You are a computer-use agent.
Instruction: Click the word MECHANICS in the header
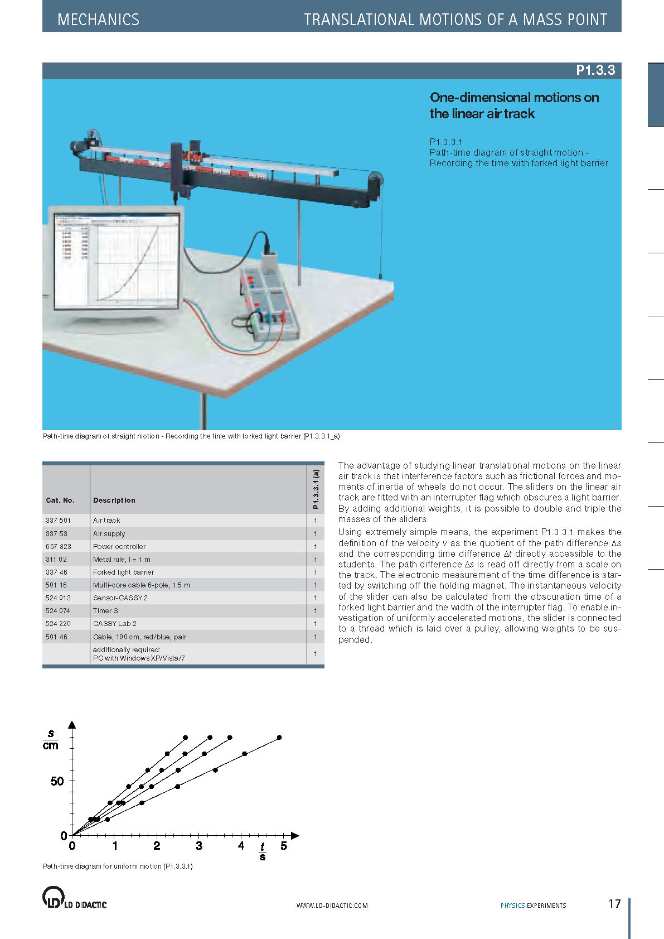pos(98,20)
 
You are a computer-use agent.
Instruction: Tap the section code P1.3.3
pos(595,70)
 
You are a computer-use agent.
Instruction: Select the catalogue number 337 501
pos(58,521)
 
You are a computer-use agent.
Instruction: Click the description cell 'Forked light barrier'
pos(123,572)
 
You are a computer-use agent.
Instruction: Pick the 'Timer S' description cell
pos(105,611)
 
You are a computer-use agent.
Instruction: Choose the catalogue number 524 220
pos(58,624)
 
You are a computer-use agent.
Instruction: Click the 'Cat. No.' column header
pos(60,500)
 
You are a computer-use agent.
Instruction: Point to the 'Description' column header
pos(114,500)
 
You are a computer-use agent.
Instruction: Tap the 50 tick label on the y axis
pos(57,781)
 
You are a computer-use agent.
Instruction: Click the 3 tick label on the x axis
pos(199,846)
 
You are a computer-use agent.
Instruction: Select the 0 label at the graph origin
pos(64,836)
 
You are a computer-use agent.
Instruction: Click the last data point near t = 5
pos(279,738)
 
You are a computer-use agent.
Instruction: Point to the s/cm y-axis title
pos(51,740)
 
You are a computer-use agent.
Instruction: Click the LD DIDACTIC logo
pos(74,897)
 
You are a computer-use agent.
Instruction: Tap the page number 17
pos(614,904)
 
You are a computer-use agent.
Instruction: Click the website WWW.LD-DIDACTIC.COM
pos(332,906)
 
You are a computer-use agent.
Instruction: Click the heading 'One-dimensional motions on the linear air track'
pos(513,105)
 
